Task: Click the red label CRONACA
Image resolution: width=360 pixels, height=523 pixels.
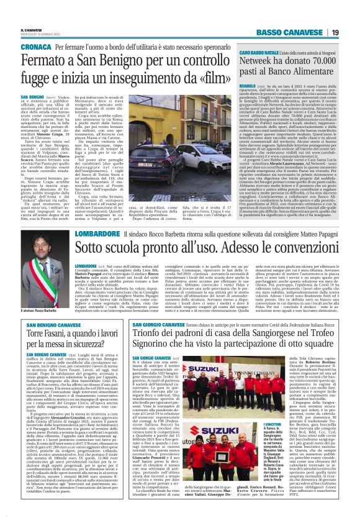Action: tap(36, 47)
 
